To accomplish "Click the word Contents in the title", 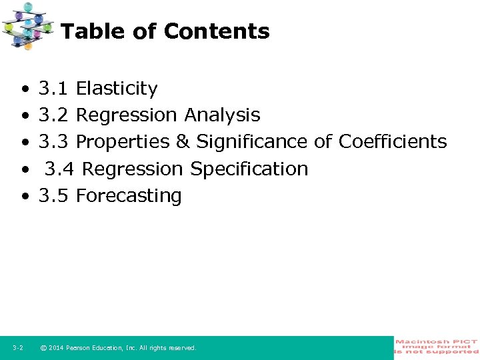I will coord(217,31).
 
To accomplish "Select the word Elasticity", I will coord(117,89).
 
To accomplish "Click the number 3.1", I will coord(54,89).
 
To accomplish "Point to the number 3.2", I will coord(54,115).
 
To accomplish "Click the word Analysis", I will coord(222,115).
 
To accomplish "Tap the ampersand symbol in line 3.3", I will coord(183,142).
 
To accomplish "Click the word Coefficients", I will coord(393,142).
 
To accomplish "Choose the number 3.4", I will coord(60,169).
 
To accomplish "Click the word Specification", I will coord(249,169).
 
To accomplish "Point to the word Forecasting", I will coord(129,196).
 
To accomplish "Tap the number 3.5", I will coord(54,196).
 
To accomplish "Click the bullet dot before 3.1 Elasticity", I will coord(25,89).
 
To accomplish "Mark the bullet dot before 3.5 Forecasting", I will coord(25,197).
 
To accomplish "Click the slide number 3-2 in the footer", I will coord(18,348).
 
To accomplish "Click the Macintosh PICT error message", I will coord(437,347).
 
